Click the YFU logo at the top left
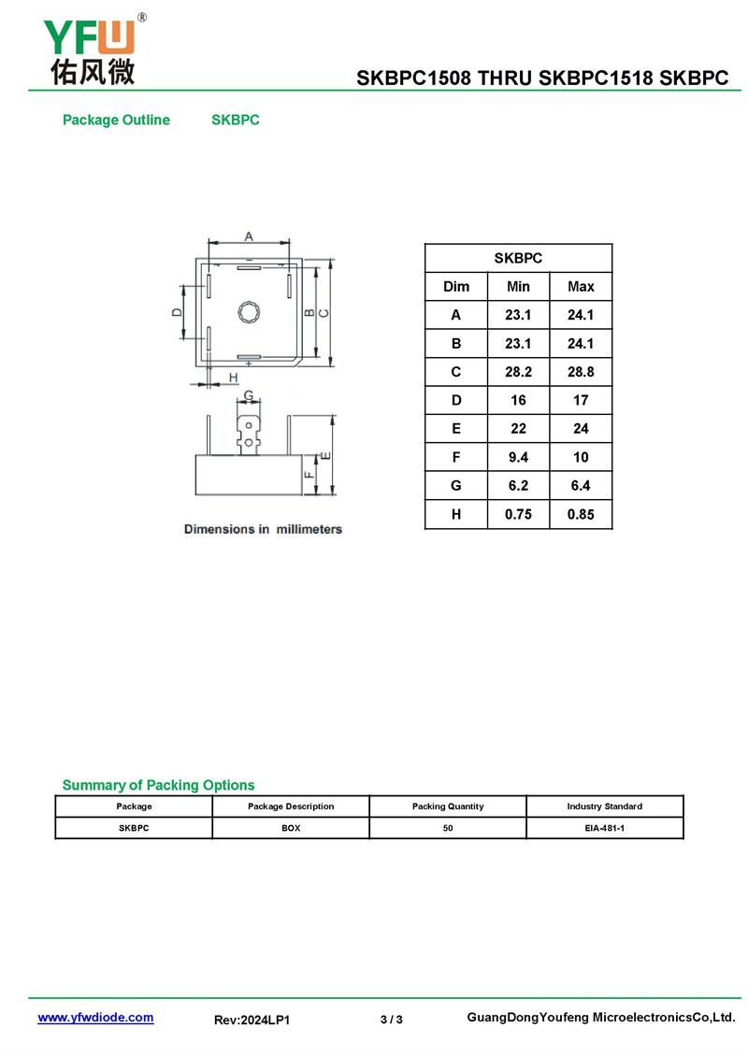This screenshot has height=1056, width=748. pos(93,50)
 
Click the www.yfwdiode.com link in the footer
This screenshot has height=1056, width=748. pos(95,1017)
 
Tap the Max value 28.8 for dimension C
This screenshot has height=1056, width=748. pos(581,372)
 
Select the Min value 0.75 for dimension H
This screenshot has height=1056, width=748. pos(518,515)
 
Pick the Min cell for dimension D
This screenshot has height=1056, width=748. pos(518,400)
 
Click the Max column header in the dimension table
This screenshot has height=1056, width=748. pos(581,286)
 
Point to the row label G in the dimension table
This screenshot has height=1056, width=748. pos(456,486)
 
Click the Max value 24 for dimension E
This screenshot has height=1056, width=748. pos(581,428)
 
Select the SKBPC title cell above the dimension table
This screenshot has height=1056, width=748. pos(518,258)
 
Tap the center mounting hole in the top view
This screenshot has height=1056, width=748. pos(249,312)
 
